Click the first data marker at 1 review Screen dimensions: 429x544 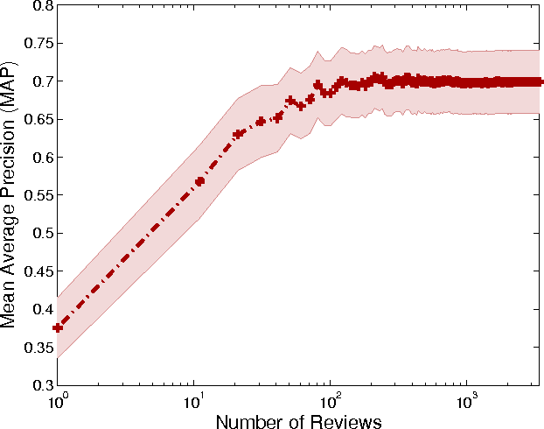pos(58,327)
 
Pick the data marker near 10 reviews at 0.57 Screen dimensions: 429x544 pos(200,180)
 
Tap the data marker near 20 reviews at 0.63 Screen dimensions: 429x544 pos(238,134)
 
